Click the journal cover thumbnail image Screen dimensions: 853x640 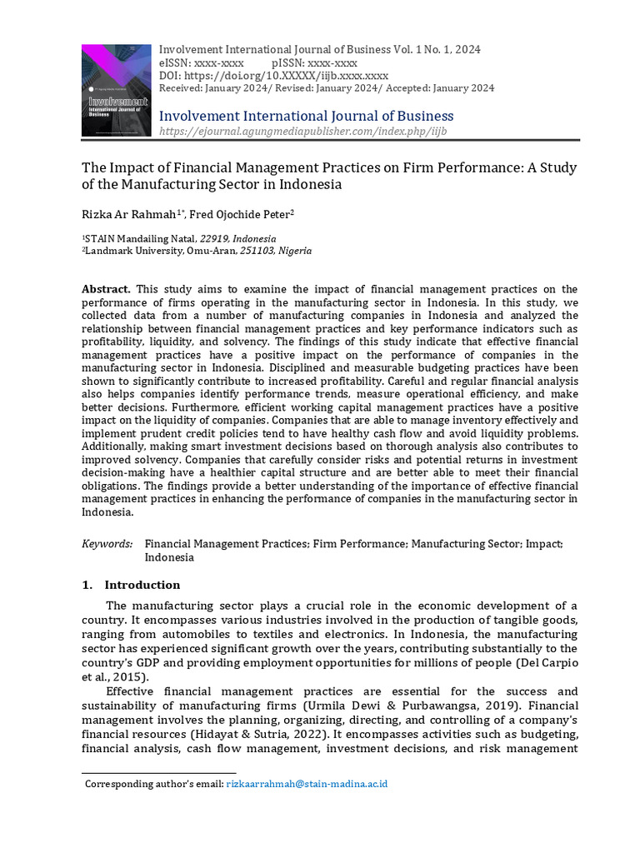[x=117, y=90]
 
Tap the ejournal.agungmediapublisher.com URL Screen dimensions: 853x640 [x=302, y=132]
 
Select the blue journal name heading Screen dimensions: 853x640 [x=306, y=116]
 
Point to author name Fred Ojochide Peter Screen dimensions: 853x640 [x=239, y=214]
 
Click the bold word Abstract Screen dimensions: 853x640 [x=106, y=288]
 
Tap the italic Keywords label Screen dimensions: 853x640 [x=107, y=544]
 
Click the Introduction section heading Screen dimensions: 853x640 [x=142, y=585]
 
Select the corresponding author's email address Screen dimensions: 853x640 [x=307, y=784]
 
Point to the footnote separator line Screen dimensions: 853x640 [x=158, y=773]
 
